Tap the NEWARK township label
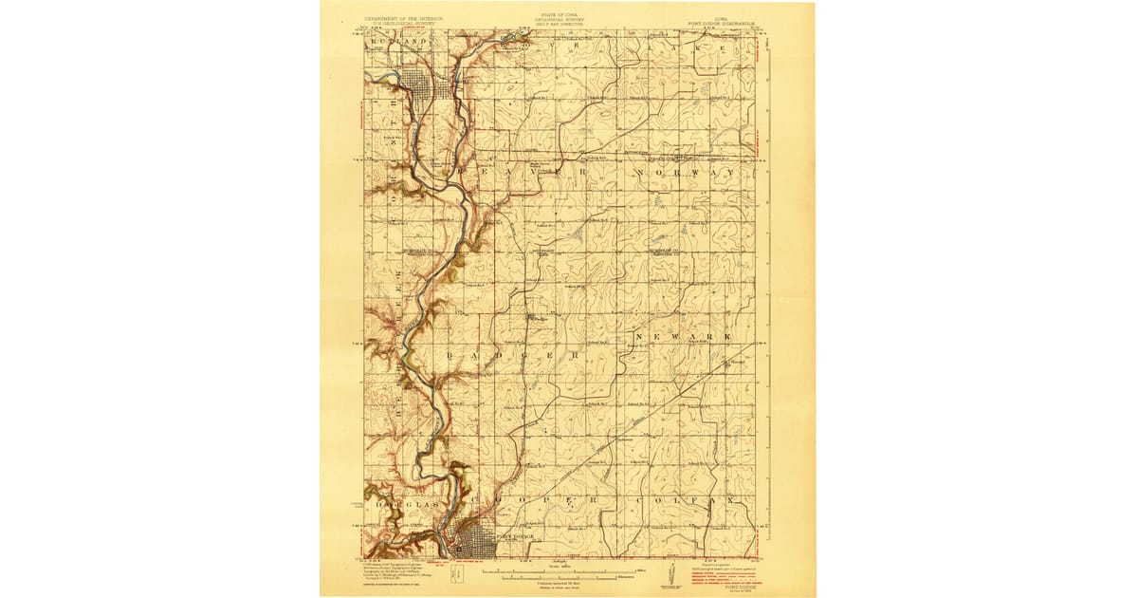tap(683, 338)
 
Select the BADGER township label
tap(512, 354)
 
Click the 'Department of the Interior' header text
tap(404, 18)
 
